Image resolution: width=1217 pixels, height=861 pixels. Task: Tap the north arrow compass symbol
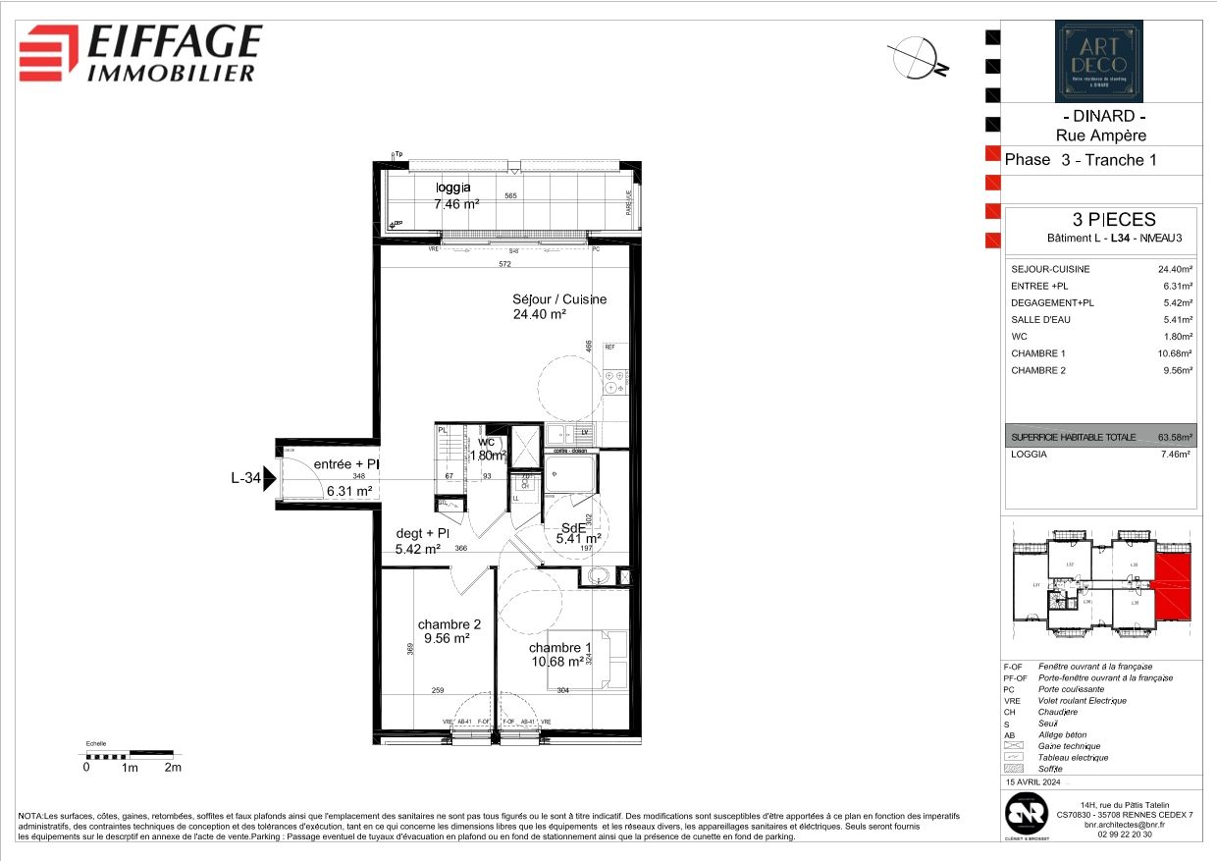click(x=916, y=57)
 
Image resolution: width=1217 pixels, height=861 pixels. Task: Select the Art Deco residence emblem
click(x=1098, y=61)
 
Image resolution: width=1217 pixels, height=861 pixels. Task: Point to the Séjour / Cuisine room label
click(x=558, y=307)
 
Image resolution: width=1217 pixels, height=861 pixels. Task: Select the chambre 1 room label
click(x=559, y=655)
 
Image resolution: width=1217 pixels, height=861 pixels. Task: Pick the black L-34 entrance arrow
click(x=269, y=479)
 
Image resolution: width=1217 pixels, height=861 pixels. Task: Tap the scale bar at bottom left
click(x=129, y=755)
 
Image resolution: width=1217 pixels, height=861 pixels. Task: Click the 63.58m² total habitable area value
click(x=1175, y=438)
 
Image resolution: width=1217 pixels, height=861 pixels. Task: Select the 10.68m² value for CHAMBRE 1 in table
click(x=1175, y=353)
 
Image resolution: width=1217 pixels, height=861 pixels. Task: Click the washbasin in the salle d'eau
click(x=598, y=576)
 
